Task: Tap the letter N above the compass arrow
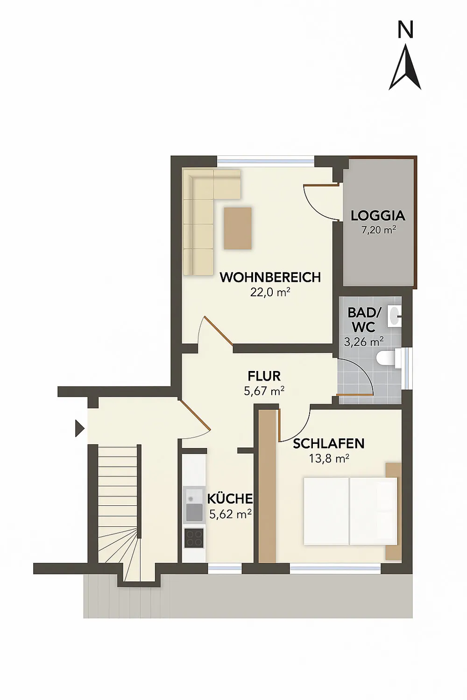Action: click(405, 30)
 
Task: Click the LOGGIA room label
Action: click(378, 216)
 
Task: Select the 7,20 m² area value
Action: click(379, 231)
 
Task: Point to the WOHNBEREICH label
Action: click(270, 277)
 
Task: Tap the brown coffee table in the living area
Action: click(238, 229)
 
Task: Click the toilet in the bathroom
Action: click(389, 358)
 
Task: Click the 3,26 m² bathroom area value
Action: click(364, 342)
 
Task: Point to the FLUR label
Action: click(264, 376)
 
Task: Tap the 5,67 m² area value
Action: click(264, 391)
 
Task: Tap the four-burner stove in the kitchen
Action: click(194, 538)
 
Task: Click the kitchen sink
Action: click(194, 504)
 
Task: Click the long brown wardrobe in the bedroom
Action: click(267, 486)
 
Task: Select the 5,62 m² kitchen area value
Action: click(231, 514)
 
